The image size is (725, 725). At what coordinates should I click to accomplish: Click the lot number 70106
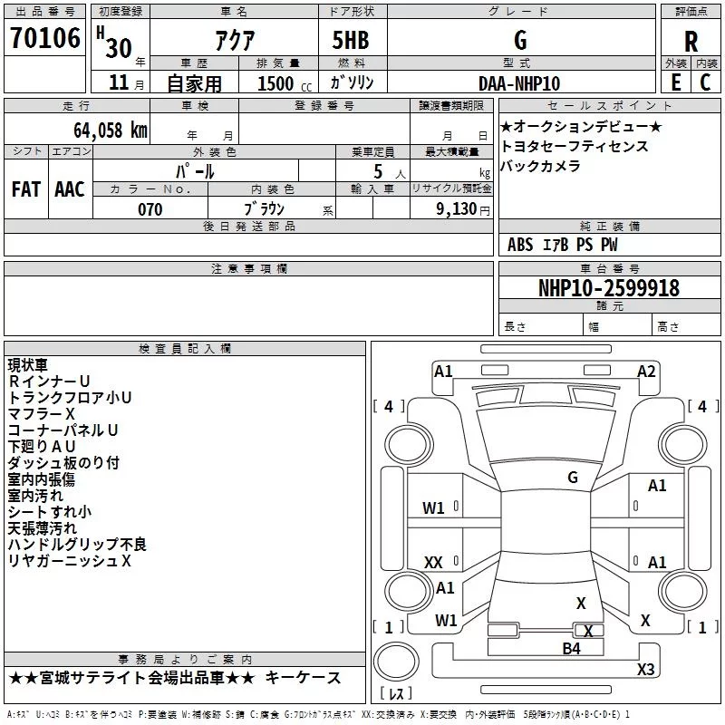(44, 38)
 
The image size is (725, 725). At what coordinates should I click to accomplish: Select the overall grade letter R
(691, 42)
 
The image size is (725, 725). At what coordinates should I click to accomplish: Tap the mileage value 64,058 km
(111, 130)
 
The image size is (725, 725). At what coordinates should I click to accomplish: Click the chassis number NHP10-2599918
(609, 288)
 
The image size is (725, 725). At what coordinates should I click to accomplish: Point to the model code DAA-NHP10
(519, 83)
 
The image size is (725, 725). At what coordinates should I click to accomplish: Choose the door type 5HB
(351, 40)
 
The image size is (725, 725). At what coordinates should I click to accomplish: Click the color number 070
(150, 209)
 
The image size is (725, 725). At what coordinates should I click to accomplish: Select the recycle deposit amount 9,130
(457, 209)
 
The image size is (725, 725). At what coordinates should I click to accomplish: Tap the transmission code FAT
(26, 189)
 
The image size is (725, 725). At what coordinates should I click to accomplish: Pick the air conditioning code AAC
(70, 189)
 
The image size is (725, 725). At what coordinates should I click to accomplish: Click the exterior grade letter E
(676, 82)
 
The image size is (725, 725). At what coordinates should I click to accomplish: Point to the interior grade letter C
(705, 82)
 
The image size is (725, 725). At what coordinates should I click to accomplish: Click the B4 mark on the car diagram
(571, 649)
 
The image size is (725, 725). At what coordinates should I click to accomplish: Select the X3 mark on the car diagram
(646, 669)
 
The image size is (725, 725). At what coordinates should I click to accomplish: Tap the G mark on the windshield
(573, 478)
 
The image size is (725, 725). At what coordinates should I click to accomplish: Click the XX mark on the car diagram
(433, 563)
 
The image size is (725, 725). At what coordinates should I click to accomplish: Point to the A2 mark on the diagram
(646, 372)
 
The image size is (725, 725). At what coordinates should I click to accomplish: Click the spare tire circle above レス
(396, 661)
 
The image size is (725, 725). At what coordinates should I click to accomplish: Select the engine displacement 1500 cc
(285, 83)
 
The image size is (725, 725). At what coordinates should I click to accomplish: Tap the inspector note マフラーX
(41, 414)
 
